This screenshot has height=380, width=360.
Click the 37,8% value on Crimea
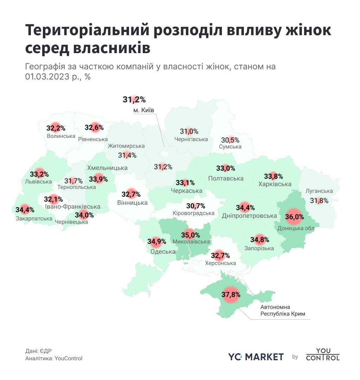231,294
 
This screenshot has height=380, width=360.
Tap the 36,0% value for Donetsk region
294,217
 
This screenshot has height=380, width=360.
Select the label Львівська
39,182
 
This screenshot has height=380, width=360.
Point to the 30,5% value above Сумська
230,140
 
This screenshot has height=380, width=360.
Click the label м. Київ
144,110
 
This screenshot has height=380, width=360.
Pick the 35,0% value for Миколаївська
191,235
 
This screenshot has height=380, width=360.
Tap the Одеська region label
163,252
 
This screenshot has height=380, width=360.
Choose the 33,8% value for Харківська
274,176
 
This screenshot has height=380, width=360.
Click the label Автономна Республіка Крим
283,310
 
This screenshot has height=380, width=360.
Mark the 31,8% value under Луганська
319,201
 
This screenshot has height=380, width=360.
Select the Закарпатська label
34,218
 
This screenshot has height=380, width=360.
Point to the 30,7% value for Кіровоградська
196,206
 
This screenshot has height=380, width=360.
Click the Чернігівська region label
191,139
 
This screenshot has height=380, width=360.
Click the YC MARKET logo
256,357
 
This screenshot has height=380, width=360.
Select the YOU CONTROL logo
322,354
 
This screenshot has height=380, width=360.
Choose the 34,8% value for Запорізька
260,240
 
